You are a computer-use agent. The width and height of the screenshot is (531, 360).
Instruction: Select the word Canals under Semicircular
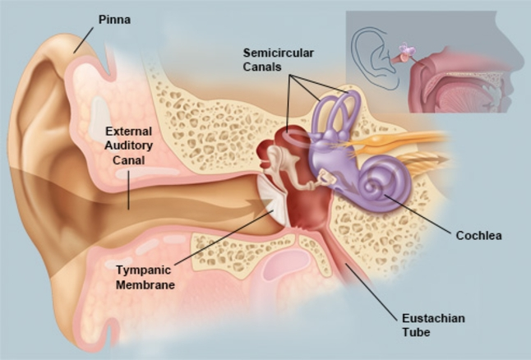click(x=261, y=66)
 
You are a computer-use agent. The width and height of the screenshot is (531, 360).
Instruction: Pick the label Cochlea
click(x=478, y=236)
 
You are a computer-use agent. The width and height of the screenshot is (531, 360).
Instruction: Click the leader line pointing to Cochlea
click(x=419, y=215)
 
